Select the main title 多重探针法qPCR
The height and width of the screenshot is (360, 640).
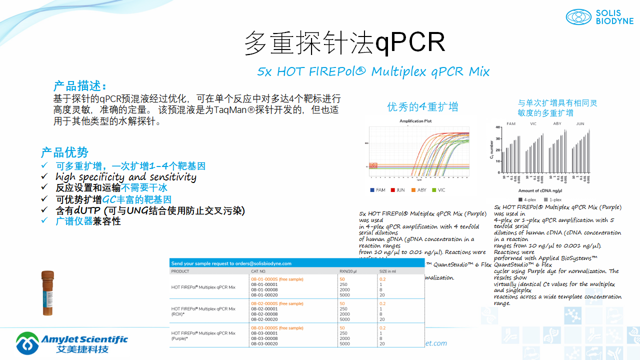[x=344, y=43]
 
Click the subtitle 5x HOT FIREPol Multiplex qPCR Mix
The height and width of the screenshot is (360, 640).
[x=373, y=72]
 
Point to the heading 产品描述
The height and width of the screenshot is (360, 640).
[x=80, y=85]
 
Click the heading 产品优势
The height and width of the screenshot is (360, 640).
[x=64, y=152]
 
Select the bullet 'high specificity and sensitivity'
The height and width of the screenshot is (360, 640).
[x=125, y=177]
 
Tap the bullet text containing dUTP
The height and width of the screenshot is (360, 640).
[x=150, y=210]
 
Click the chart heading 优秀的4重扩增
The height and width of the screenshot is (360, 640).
[x=422, y=107]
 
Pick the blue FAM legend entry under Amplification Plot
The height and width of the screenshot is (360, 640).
[x=378, y=190]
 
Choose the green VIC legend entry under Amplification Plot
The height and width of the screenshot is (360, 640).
[x=438, y=190]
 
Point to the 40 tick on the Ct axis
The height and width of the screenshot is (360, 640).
[x=497, y=127]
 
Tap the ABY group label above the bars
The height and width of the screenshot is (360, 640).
[x=557, y=123]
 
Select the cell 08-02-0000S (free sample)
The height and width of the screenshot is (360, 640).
[x=277, y=303]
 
